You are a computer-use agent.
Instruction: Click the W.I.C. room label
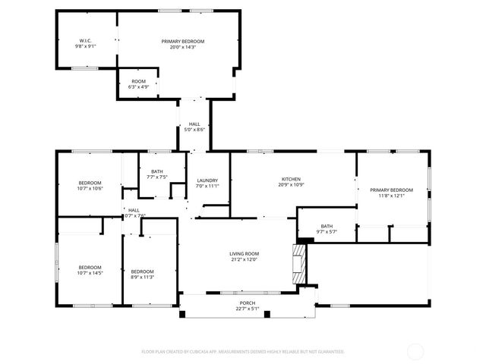pos(85,40)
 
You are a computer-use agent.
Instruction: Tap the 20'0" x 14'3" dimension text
pos(183,47)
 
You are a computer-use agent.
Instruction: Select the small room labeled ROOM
pos(138,81)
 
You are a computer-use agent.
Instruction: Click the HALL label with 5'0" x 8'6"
pos(194,124)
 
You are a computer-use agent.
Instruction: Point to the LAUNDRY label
pos(207,180)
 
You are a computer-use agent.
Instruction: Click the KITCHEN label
pos(292,179)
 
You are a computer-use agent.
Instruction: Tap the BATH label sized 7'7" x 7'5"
pos(157,171)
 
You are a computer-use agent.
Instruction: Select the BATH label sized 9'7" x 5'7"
pos(327,226)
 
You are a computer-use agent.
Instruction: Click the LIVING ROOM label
pos(245,253)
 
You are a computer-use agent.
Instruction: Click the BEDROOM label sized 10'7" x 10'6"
pos(90,183)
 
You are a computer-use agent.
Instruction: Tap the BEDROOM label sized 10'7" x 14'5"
pos(90,267)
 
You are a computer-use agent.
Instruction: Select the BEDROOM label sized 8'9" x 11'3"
pos(142,271)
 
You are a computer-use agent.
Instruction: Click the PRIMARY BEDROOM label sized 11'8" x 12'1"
pos(391,190)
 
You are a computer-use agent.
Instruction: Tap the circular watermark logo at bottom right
pos(415,352)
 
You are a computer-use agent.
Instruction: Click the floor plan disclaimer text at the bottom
pos(243,352)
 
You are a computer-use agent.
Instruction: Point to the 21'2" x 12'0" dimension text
pos(245,259)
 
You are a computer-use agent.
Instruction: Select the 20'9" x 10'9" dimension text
pos(292,185)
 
